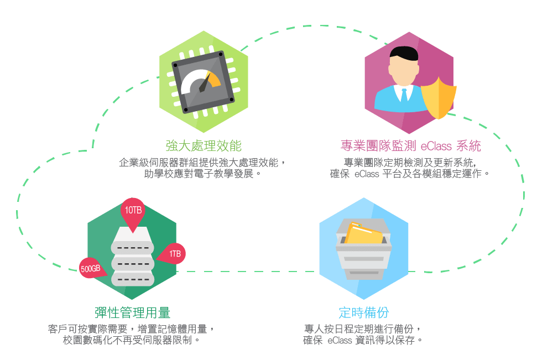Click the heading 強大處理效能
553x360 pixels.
(204, 146)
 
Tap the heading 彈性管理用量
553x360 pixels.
(133, 313)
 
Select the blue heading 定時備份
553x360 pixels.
(364, 313)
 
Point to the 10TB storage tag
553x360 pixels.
(133, 211)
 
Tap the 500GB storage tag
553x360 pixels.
(91, 268)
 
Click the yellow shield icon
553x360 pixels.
(439, 98)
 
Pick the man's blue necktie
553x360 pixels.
(404, 95)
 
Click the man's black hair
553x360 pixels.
(404, 53)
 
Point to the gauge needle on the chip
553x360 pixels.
(205, 83)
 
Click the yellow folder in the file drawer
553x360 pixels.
(364, 233)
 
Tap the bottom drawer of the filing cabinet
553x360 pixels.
(364, 274)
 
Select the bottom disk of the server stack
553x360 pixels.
(133, 279)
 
